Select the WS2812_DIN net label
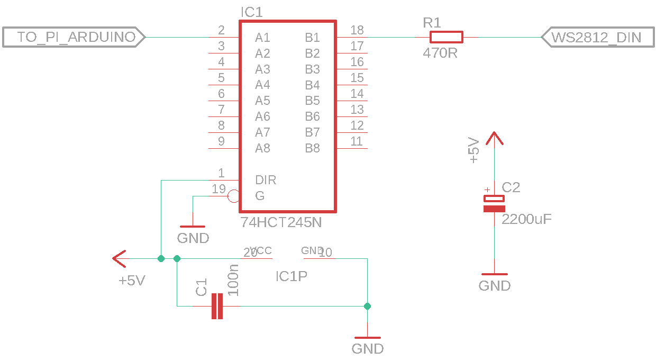596,37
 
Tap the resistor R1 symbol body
446,37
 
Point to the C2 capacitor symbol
494,203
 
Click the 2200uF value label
526,219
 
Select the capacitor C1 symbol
217,306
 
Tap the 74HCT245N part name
281,222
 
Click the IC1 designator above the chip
251,12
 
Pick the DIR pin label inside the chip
266,180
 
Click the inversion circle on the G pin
233,196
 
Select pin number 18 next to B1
357,30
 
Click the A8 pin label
262,148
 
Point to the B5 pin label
312,101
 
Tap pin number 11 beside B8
357,141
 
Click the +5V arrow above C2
494,139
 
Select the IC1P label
291,276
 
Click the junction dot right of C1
367,306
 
